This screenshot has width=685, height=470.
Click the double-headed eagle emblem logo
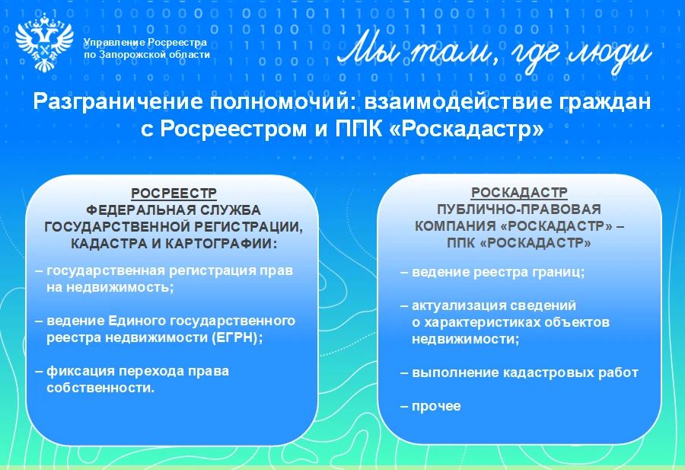(x=44, y=43)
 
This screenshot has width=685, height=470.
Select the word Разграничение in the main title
(x=118, y=102)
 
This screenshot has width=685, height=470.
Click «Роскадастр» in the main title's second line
(x=466, y=129)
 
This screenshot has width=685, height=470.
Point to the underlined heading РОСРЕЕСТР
(x=174, y=193)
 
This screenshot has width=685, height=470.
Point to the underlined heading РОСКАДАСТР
(x=519, y=193)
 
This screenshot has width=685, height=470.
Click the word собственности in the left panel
(x=100, y=388)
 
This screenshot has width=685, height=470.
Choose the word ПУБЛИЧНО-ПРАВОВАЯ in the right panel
(x=519, y=209)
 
